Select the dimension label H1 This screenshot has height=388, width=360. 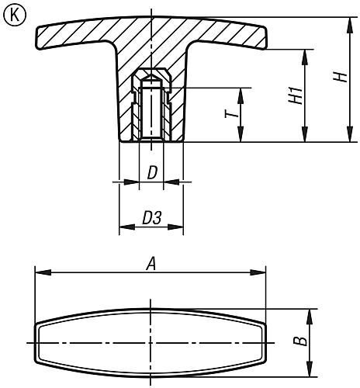point(294,96)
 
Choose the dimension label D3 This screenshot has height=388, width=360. point(151,220)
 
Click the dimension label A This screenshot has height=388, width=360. point(151,264)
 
